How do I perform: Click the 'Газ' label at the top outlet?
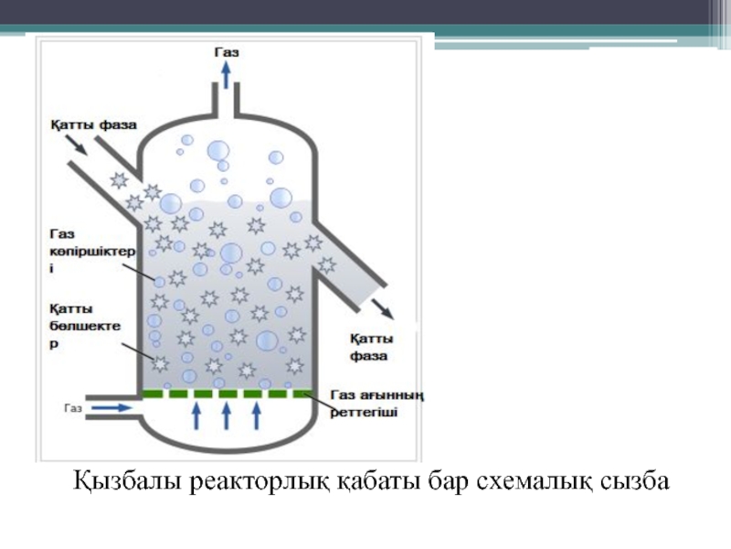228,53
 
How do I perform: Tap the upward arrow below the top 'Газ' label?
227,77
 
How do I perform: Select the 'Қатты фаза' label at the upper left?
89,121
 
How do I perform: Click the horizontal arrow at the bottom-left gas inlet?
111,407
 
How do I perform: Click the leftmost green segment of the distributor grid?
154,394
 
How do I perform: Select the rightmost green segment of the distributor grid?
302,394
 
